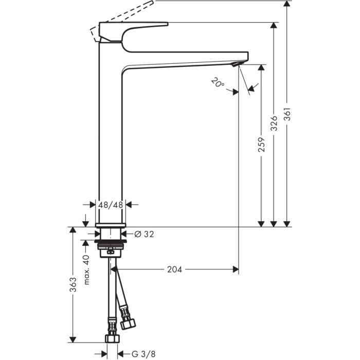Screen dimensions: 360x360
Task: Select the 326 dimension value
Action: coord(275,123)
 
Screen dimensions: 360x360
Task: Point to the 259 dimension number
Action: coord(262,146)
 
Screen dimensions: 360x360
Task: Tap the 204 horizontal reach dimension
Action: coord(175,269)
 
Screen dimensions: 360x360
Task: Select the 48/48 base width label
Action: coord(111,205)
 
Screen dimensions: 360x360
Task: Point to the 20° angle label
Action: coord(217,82)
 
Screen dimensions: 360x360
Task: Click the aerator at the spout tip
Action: coord(235,64)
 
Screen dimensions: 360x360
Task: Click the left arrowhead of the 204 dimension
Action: coord(115,269)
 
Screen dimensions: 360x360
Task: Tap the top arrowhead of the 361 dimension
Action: coord(287,4)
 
